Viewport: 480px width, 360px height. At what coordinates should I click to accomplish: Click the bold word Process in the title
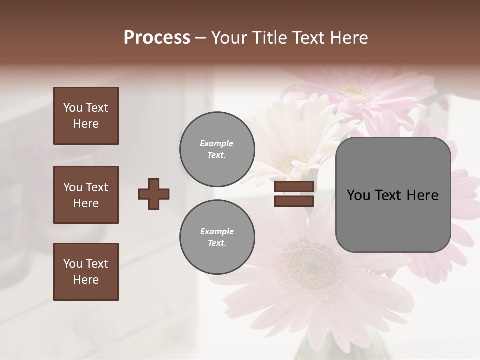pos(157,38)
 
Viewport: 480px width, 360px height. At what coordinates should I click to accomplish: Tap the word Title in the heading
pos(269,38)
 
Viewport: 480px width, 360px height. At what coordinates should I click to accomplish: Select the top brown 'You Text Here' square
pos(86,116)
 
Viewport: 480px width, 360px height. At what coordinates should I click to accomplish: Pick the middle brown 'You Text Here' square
pos(86,195)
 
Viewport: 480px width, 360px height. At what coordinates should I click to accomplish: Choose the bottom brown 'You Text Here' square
pos(86,272)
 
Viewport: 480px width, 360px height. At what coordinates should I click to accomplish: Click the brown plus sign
pos(154,194)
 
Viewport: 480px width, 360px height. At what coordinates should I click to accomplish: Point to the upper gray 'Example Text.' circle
pos(217,149)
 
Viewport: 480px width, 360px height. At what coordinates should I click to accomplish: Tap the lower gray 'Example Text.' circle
pos(217,237)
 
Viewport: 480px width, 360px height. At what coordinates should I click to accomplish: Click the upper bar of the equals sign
pos(294,187)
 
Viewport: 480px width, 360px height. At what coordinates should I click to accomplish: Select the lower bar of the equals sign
pos(294,201)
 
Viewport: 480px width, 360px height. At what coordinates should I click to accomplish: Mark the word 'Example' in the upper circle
pos(217,143)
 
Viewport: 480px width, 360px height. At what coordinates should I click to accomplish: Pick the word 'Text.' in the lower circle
pos(217,243)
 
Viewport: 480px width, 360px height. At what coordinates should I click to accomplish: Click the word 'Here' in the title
pos(349,38)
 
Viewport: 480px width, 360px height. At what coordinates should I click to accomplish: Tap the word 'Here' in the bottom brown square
pos(86,280)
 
